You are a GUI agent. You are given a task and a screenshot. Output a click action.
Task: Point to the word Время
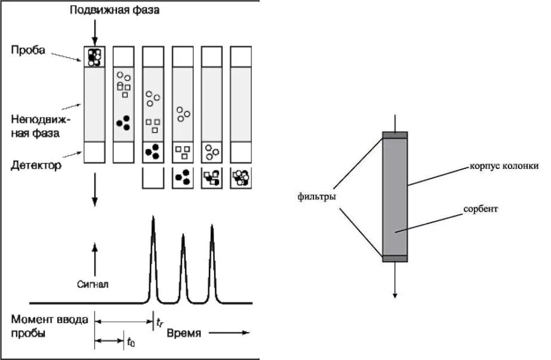pyautogui.click(x=184, y=333)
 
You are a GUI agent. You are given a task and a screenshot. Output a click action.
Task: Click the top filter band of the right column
pyautogui.click(x=395, y=135)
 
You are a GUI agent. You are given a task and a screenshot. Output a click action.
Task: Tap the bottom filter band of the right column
pyautogui.click(x=395, y=258)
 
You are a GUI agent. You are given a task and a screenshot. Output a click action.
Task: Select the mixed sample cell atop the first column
pyautogui.click(x=94, y=57)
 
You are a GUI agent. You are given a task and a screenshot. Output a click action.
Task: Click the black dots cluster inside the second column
pyautogui.click(x=124, y=122)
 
